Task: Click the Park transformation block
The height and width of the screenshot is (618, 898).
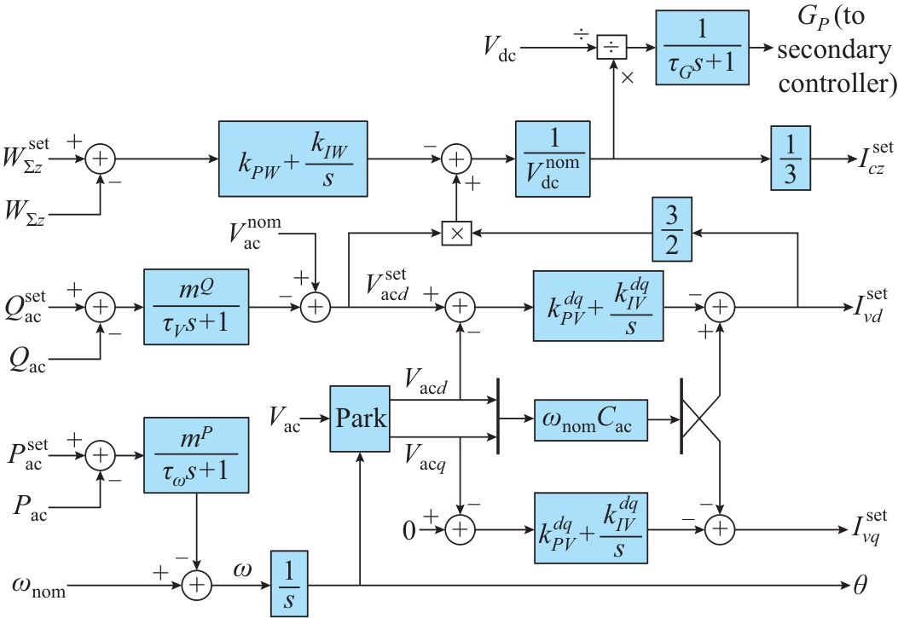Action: click(x=359, y=419)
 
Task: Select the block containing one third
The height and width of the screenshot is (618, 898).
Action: click(x=790, y=159)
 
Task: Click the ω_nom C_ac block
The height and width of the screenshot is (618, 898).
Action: click(x=590, y=419)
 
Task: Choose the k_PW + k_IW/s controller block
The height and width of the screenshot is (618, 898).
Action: click(x=292, y=159)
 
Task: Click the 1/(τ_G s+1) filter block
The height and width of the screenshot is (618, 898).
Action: click(x=702, y=47)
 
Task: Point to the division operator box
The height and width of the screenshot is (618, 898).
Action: click(x=611, y=48)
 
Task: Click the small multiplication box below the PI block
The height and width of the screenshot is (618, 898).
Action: click(x=458, y=232)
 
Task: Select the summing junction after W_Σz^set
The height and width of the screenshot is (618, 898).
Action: click(x=101, y=159)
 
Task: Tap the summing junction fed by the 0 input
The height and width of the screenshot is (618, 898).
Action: click(x=461, y=529)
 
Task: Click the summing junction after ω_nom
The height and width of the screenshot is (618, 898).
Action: click(x=198, y=585)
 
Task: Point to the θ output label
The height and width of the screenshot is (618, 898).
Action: click(x=861, y=586)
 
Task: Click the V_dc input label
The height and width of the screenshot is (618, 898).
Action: click(x=499, y=49)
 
